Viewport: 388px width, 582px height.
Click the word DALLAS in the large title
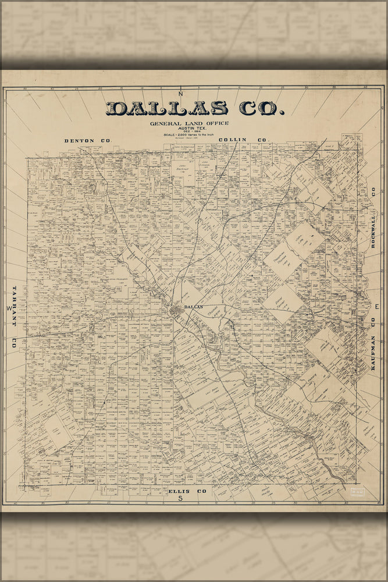pyautogui.click(x=167, y=108)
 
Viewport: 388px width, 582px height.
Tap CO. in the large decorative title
pyautogui.click(x=259, y=108)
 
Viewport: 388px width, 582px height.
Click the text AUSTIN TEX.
pyautogui.click(x=188, y=129)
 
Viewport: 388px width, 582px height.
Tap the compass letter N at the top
pyautogui.click(x=181, y=94)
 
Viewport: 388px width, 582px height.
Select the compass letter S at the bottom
pyautogui.click(x=180, y=498)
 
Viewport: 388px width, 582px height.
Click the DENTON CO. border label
pyautogui.click(x=87, y=141)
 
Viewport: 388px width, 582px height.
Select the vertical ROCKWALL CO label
pyautogui.click(x=373, y=219)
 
